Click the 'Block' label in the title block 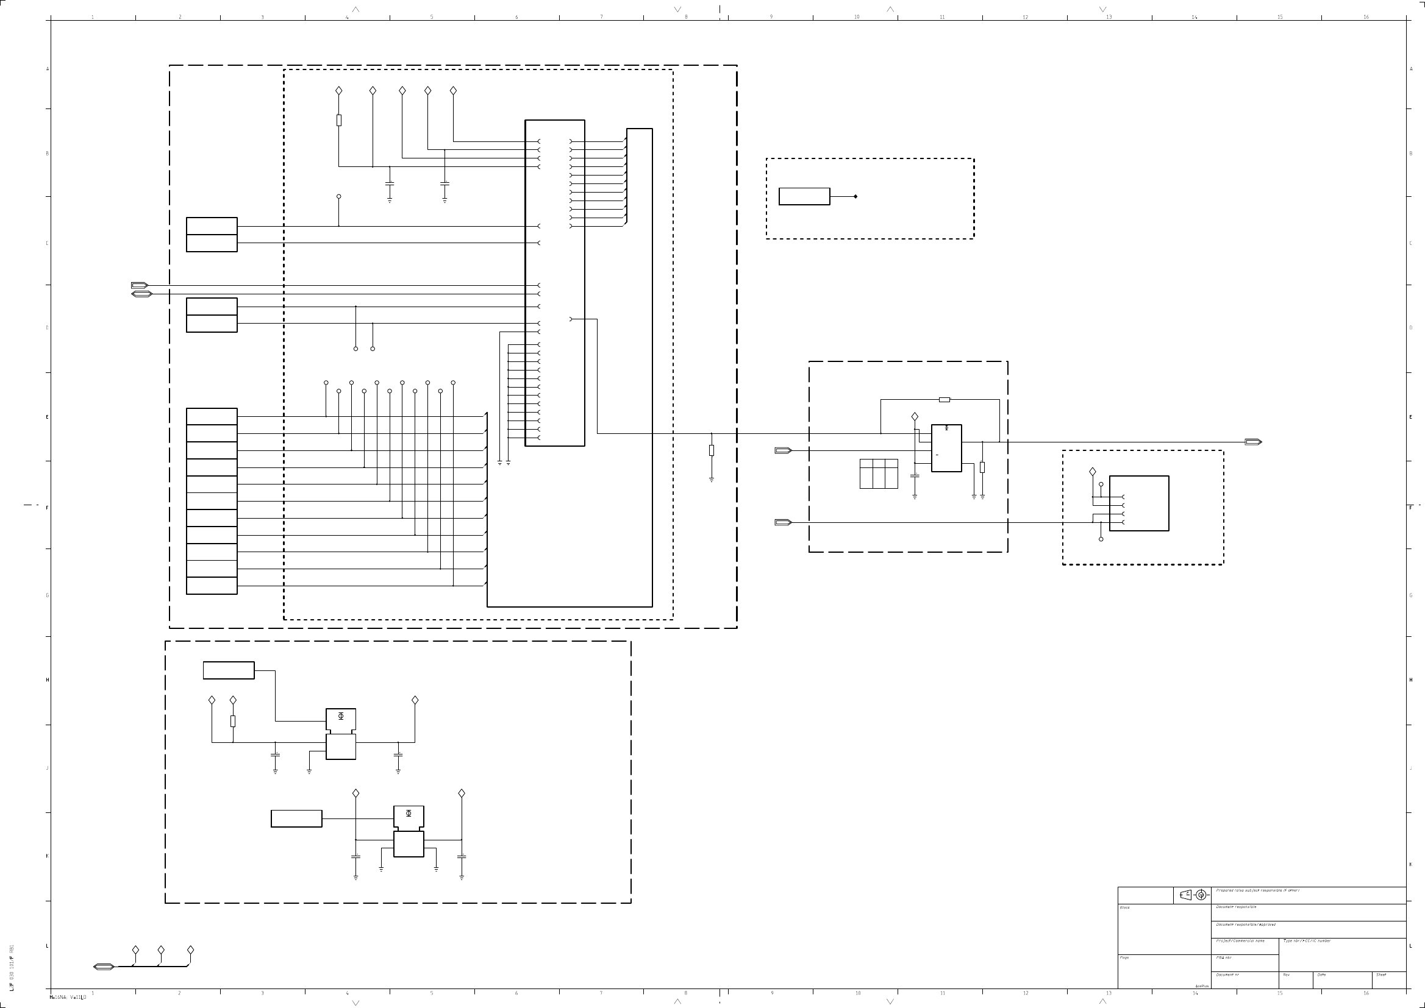(1124, 907)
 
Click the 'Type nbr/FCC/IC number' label (1307, 941)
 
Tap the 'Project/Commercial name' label (1240, 941)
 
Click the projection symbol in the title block (1193, 895)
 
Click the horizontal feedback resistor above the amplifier (944, 400)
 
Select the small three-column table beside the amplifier (879, 474)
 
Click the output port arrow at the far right (1253, 442)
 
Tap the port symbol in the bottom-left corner (104, 967)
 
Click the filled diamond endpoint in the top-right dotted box (855, 197)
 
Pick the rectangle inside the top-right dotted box (804, 196)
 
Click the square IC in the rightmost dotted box (1139, 503)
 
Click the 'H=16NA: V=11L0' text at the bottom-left (68, 997)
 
